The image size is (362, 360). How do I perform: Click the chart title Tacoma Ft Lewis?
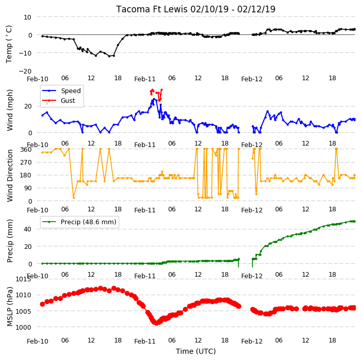tap(152, 9)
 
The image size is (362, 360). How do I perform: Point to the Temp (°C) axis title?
tap(9, 44)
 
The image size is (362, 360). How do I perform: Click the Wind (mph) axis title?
tap(10, 110)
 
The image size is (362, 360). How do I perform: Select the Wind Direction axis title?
tap(10, 175)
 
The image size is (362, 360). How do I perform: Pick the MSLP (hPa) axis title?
tap(10, 307)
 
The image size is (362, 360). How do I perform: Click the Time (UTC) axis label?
tap(196, 351)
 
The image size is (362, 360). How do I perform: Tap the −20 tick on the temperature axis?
tap(25, 71)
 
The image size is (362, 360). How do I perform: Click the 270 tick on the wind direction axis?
tap(26, 163)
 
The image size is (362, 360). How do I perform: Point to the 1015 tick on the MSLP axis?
tap(23, 279)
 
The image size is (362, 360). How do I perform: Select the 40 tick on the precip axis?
tap(27, 229)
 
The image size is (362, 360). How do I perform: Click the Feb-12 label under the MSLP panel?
tap(252, 341)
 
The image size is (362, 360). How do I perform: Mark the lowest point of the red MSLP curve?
tap(156, 323)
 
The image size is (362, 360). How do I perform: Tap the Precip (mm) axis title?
tap(10, 241)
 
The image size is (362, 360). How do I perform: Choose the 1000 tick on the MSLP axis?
tap(23, 327)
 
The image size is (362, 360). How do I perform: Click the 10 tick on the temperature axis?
tap(27, 17)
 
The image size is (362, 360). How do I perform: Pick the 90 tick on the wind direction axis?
tap(28, 188)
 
